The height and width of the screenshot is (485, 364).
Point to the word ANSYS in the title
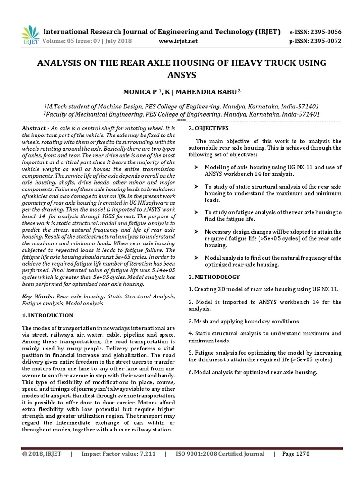pyautogui.click(x=182, y=75)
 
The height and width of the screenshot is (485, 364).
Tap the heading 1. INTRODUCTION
pyautogui.click(x=47, y=315)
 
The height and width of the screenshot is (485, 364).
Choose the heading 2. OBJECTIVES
pyautogui.click(x=209, y=129)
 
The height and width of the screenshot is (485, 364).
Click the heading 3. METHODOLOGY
pyautogui.click(x=214, y=277)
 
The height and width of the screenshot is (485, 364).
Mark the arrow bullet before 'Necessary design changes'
pyautogui.click(x=196, y=231)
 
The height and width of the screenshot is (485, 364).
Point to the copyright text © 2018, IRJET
pyautogui.click(x=42, y=454)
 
